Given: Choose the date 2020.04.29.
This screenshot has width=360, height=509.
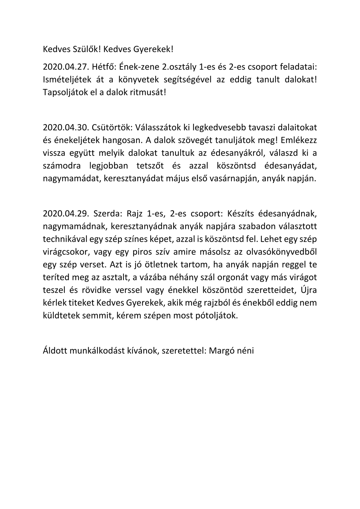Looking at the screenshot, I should coord(65,214).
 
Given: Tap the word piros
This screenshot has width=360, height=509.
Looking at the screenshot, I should coord(141,252).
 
